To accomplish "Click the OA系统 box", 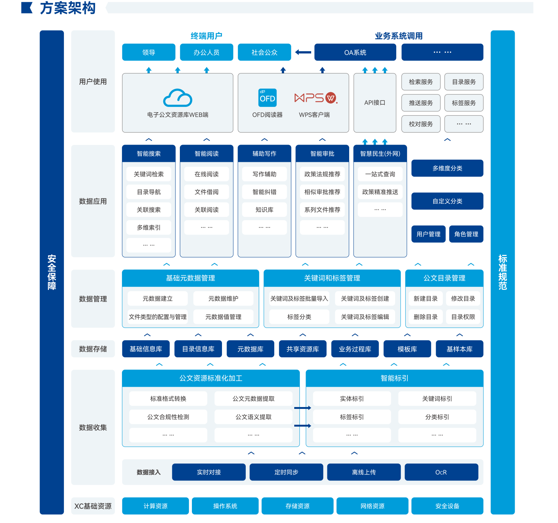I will click(355, 52).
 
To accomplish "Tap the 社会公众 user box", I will click(264, 52).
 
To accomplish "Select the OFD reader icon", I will click(268, 98).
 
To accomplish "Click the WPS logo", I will click(316, 98).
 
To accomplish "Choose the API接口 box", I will click(375, 102).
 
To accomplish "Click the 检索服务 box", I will click(421, 82).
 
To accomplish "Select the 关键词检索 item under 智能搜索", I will click(149, 174).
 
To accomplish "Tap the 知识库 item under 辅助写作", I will click(264, 210).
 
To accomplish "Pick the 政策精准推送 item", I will click(380, 192).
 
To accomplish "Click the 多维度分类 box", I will click(447, 168).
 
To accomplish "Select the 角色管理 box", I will click(466, 234).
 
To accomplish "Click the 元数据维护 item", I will click(223, 299).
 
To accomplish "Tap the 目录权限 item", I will click(463, 317).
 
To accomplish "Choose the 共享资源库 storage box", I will click(303, 349).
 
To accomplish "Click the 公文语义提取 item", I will click(253, 417).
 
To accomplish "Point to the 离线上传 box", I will click(363, 472).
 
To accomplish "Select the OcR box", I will click(441, 472).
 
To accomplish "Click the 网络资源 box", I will click(372, 506).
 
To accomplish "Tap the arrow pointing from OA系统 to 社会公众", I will click(303, 52).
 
